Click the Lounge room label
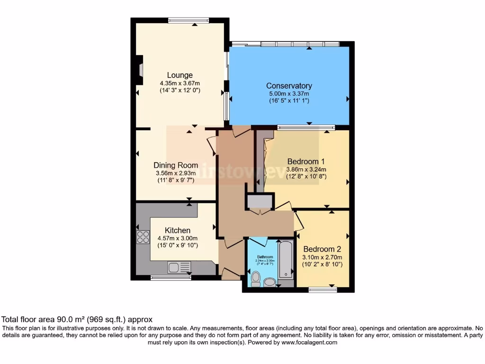click(180, 75)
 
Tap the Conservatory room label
click(289, 86)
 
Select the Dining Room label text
click(176, 165)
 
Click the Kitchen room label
click(178, 230)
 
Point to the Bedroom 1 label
click(306, 161)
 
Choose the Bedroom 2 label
click(322, 249)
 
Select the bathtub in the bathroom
click(286, 260)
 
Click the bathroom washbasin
click(270, 282)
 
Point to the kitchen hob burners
click(143, 237)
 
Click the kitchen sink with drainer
click(179, 267)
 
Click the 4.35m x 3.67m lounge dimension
click(180, 83)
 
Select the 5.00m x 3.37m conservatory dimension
click(289, 94)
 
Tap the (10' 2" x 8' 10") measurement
click(322, 264)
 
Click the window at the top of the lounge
click(189, 20)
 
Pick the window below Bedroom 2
click(323, 290)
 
